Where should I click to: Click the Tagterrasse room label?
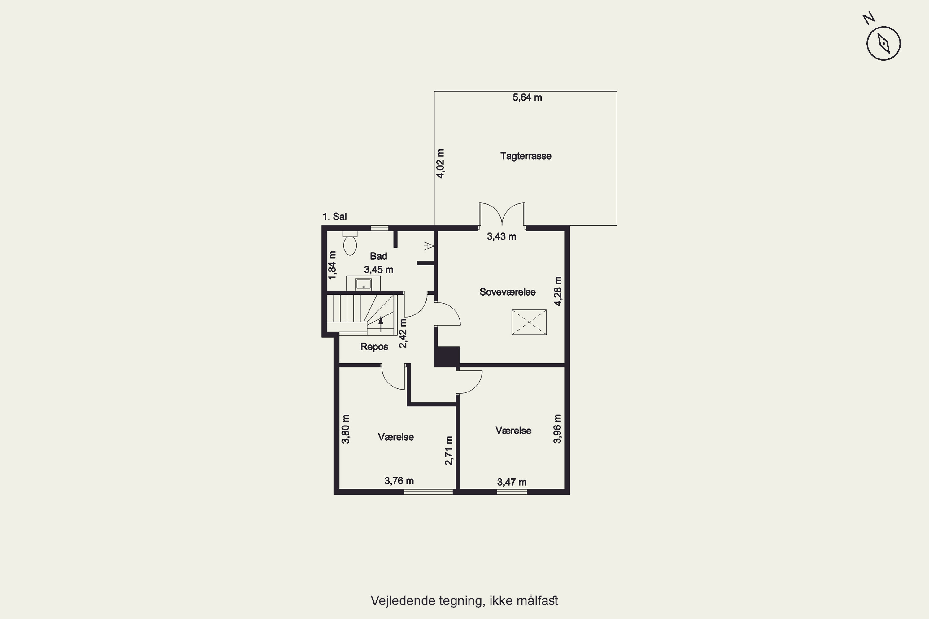click(x=526, y=156)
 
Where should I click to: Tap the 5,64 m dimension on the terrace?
click(x=527, y=97)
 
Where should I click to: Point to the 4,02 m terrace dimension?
click(x=440, y=163)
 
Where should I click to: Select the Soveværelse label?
click(x=508, y=292)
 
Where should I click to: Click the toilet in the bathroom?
click(x=350, y=243)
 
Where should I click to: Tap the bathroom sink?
click(x=363, y=284)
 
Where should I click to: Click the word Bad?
click(x=378, y=256)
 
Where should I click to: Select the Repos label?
click(x=374, y=347)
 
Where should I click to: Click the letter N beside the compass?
click(x=869, y=19)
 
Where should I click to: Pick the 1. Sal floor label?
click(x=334, y=216)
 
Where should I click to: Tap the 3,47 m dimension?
click(x=512, y=482)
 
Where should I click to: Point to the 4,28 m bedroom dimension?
click(x=558, y=291)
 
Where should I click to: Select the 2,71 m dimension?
click(x=449, y=450)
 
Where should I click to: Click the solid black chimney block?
click(x=447, y=357)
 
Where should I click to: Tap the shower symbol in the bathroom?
click(x=429, y=246)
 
